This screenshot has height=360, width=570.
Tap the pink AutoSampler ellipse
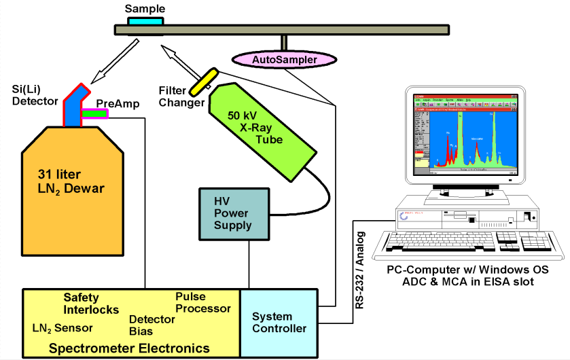[285, 60]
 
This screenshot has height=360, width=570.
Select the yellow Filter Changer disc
[204, 82]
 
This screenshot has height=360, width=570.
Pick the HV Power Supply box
[232, 214]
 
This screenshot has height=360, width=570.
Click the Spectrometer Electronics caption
[130, 348]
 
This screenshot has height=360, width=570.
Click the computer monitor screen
[461, 136]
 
